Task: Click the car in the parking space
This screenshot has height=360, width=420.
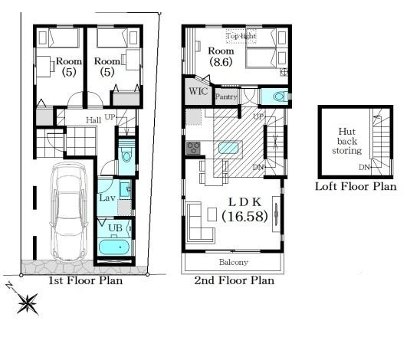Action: point(68,212)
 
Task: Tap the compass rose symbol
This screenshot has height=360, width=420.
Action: point(28,303)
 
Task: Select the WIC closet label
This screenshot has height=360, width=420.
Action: point(199,91)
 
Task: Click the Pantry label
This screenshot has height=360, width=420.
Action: point(226,97)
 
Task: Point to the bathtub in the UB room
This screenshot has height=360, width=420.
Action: point(114,247)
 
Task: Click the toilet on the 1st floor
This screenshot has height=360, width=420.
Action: point(126,154)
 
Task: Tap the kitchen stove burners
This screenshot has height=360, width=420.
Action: point(193,148)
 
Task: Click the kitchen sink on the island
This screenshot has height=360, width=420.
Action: point(228,148)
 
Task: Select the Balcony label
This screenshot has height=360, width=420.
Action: point(233,262)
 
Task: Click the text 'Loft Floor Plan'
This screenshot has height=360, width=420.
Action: point(356,186)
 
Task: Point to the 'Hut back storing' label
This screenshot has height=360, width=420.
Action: point(347,141)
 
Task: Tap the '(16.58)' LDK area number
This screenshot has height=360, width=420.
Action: point(244,216)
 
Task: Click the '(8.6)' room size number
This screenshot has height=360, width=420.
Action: point(221,62)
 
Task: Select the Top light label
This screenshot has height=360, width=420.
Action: point(241,36)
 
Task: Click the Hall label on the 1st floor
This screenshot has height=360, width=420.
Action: point(94,120)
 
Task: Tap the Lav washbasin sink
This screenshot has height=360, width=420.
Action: point(125,189)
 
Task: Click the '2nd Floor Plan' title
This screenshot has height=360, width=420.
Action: point(234,280)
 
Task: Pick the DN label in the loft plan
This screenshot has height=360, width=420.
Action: point(364,168)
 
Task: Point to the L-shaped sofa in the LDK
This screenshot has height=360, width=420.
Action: point(200,222)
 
